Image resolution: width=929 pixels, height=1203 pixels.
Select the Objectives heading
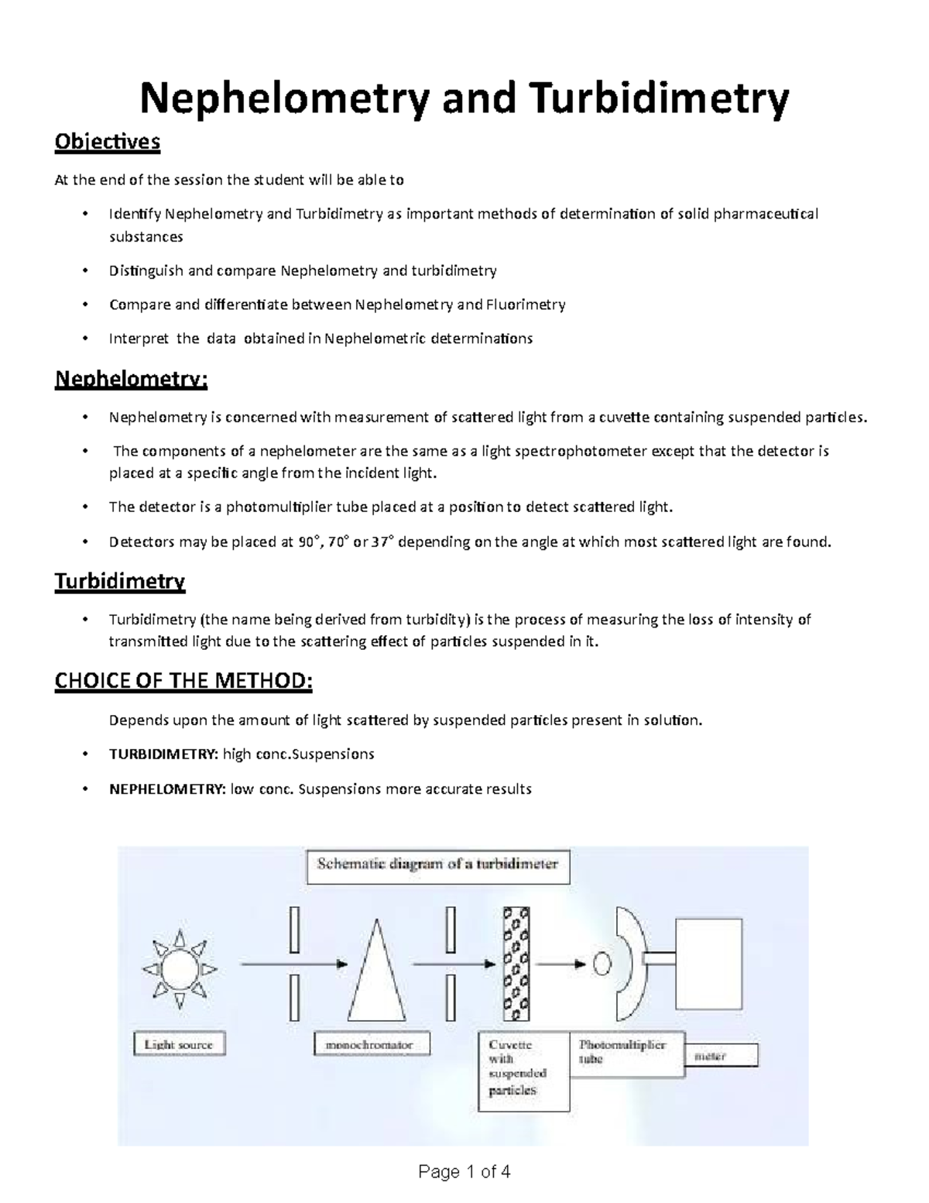(x=107, y=142)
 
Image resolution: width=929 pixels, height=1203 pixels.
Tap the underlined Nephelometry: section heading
(x=131, y=380)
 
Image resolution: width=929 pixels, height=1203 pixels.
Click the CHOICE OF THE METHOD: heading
(x=183, y=681)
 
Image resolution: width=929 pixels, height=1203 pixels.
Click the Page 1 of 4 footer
(x=464, y=1171)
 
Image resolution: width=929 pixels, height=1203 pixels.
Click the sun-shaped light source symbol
(x=180, y=969)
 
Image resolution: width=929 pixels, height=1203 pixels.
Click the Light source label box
(x=179, y=1044)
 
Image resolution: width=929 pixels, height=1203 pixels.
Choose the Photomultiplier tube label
(x=622, y=1051)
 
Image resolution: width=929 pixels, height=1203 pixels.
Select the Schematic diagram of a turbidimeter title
(x=438, y=865)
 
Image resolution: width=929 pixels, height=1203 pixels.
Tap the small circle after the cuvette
(x=602, y=964)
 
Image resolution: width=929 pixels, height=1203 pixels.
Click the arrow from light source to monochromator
(x=293, y=964)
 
